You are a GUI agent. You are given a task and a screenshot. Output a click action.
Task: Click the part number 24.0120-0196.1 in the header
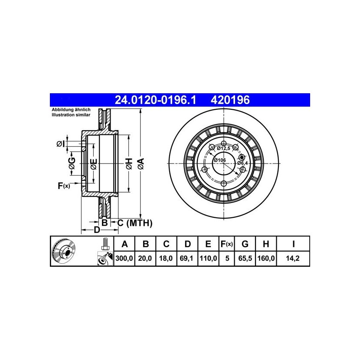click(155, 100)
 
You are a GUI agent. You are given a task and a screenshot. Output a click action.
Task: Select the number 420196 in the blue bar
click(230, 100)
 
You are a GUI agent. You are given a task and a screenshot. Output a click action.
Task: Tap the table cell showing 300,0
click(124, 259)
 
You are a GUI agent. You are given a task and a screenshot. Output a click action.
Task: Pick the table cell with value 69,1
click(187, 259)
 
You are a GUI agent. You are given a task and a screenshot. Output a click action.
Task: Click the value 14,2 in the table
click(293, 259)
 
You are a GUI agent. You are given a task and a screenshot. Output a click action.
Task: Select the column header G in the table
click(245, 244)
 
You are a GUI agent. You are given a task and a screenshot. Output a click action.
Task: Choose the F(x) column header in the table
click(226, 244)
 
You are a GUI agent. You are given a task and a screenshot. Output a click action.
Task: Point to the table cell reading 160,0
click(266, 259)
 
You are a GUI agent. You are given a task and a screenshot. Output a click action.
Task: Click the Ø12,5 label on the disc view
click(223, 148)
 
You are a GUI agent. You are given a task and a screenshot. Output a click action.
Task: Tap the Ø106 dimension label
click(220, 160)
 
